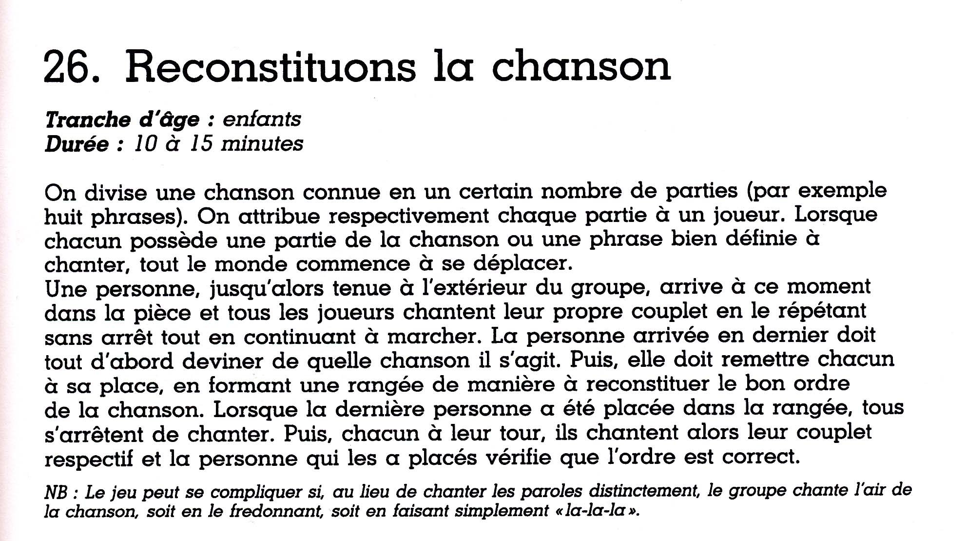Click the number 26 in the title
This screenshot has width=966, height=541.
tap(72, 67)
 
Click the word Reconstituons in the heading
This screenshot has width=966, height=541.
tap(271, 67)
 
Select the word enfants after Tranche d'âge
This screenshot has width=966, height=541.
tap(262, 119)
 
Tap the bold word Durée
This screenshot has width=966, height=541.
tap(77, 144)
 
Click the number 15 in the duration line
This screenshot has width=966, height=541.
tap(201, 144)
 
